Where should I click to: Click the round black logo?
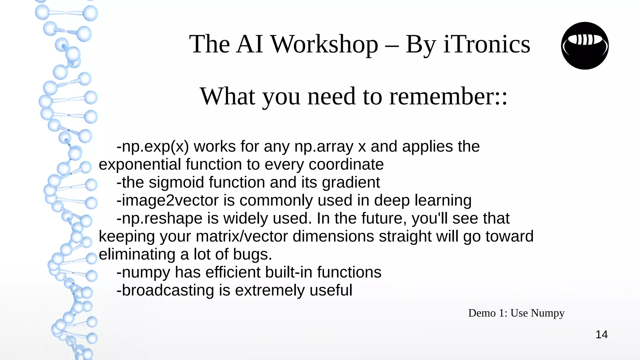pos(585,46)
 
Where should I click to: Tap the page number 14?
pos(601,335)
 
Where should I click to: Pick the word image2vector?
pos(170,201)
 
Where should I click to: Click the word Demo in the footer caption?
pos(482,313)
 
